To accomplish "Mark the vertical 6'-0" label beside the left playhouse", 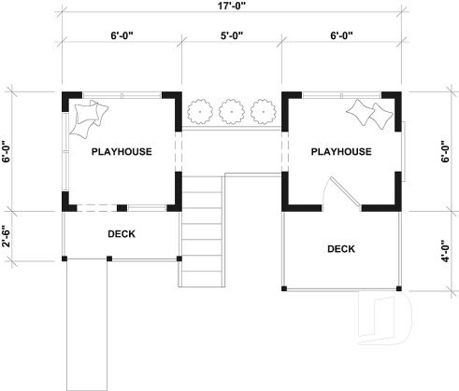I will click(7, 152).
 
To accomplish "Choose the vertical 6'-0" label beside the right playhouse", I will click(449, 152).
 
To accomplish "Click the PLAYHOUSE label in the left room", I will click(121, 151).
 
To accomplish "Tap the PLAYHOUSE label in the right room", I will click(341, 151).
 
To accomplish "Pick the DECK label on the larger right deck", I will click(341, 248).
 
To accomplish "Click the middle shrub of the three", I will click(230, 112).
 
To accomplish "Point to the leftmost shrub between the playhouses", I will click(199, 112).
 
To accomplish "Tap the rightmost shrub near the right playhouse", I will click(261, 112).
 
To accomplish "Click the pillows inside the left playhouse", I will click(90, 116).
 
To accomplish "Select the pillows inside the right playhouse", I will click(371, 115).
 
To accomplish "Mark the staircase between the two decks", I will click(200, 229).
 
